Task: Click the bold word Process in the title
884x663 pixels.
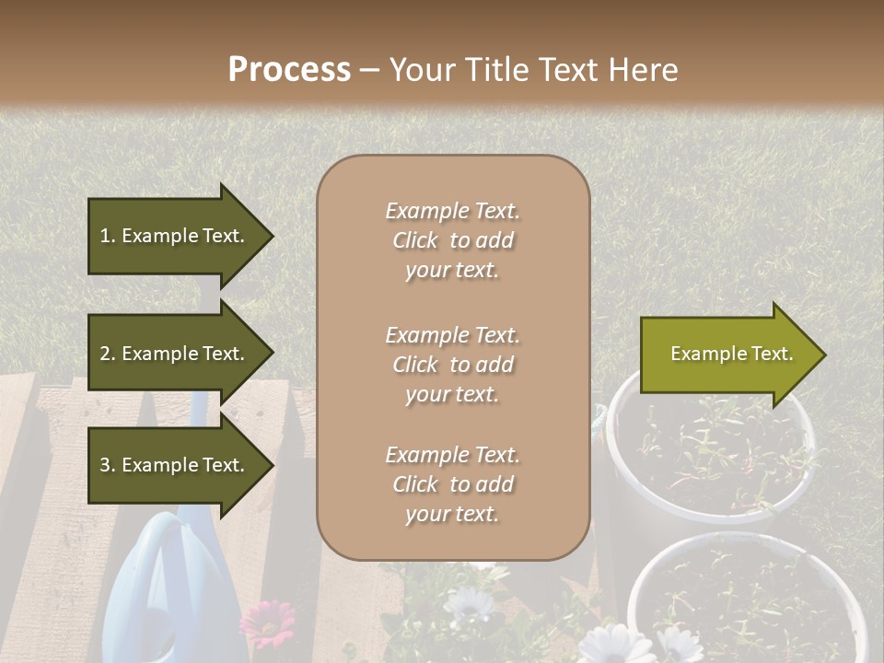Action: click(289, 70)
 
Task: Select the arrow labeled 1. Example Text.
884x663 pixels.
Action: click(175, 236)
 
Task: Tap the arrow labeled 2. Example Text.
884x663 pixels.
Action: click(175, 354)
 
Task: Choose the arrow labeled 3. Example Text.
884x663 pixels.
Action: click(175, 465)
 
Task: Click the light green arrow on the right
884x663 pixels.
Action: click(727, 354)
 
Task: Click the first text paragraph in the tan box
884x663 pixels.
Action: click(453, 240)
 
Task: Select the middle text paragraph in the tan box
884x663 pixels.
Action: click(453, 365)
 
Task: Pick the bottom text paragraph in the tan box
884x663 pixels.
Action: click(453, 484)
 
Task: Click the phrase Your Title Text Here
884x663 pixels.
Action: click(533, 70)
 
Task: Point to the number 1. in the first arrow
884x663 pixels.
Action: click(107, 236)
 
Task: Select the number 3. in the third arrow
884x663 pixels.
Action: click(107, 465)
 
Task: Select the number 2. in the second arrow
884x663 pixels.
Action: click(107, 354)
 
